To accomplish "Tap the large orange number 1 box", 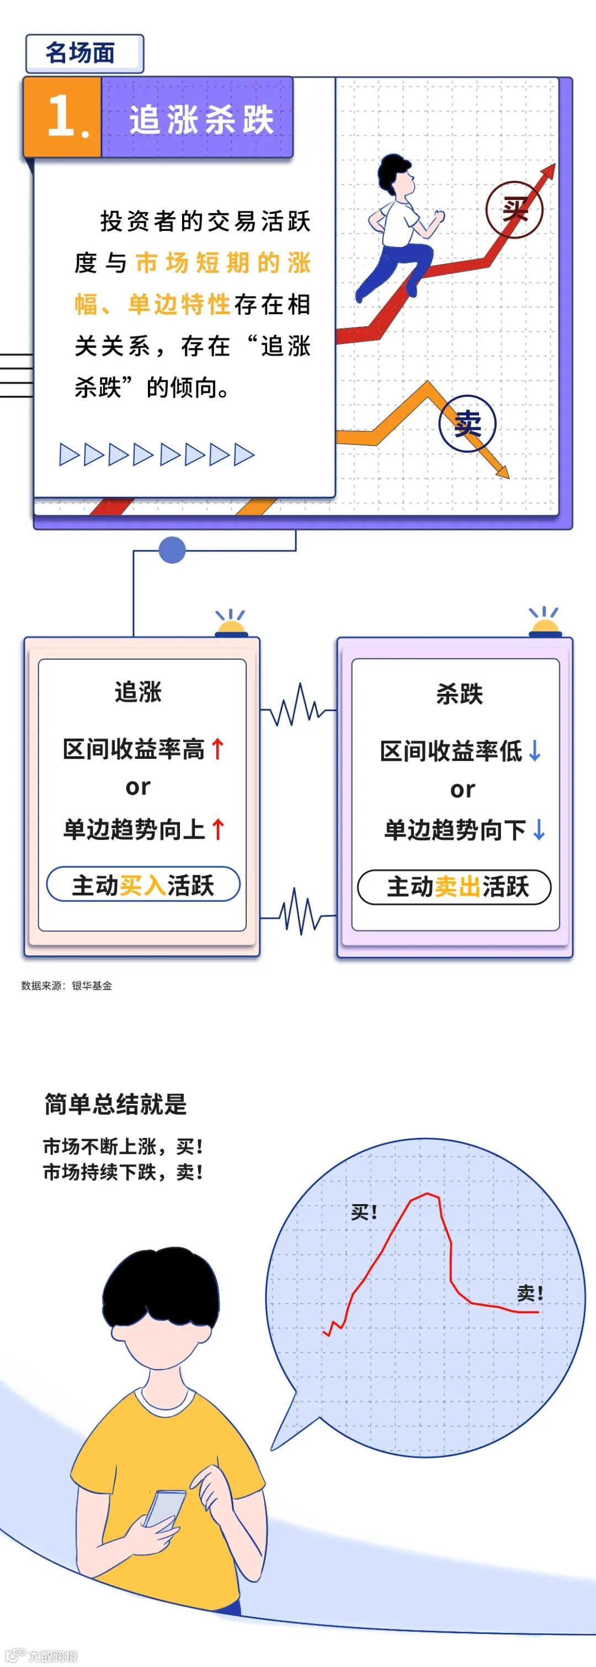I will point(63,117).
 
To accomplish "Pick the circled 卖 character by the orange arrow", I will point(467,424).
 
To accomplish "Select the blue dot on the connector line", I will point(172,550).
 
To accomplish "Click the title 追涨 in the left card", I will point(138,692).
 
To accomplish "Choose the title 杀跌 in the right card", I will point(459,694).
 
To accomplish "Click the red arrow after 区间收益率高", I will point(219,749).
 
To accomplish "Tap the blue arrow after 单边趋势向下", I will point(539,829).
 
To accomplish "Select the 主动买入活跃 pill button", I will point(143,884).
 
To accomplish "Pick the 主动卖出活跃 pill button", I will point(455,887).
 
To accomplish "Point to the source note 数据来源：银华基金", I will point(67,985).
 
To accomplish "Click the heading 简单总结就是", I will point(115,1104).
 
